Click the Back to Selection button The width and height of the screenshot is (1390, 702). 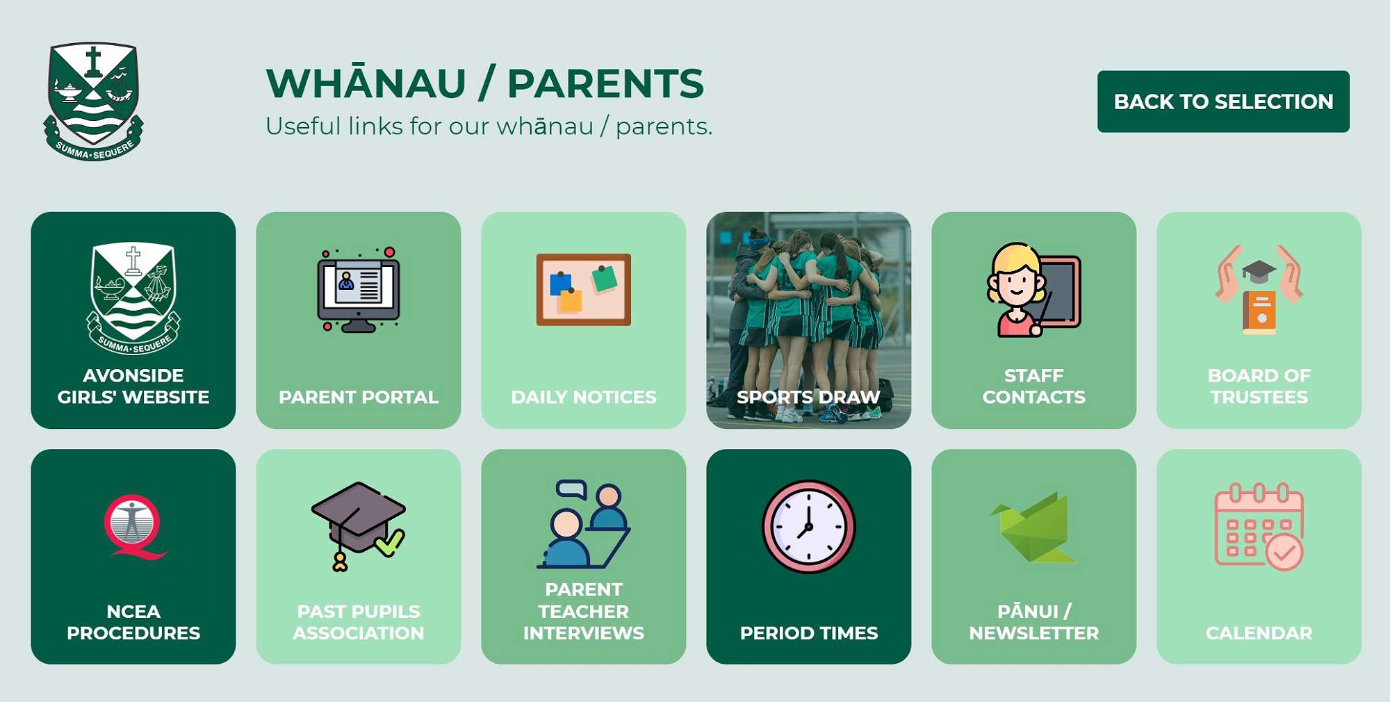1223,101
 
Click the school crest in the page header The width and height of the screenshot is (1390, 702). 93,101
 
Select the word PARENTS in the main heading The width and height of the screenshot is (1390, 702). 605,83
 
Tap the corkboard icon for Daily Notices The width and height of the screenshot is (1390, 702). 583,289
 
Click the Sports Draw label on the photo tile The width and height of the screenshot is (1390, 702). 808,397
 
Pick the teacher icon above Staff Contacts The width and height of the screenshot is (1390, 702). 1033,289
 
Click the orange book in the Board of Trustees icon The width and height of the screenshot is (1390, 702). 1259,312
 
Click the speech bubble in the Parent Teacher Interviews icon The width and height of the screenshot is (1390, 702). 571,489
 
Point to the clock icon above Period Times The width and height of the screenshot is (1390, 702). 808,526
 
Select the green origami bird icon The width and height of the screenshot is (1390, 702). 1033,528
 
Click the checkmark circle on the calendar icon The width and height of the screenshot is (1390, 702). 1284,553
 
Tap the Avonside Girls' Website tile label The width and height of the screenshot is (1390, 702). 133,386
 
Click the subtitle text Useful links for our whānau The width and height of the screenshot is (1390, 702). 489,126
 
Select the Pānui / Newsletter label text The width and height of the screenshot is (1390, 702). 1033,622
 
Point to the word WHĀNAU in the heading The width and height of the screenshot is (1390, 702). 366,83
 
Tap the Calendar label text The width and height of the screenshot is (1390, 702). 1259,633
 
